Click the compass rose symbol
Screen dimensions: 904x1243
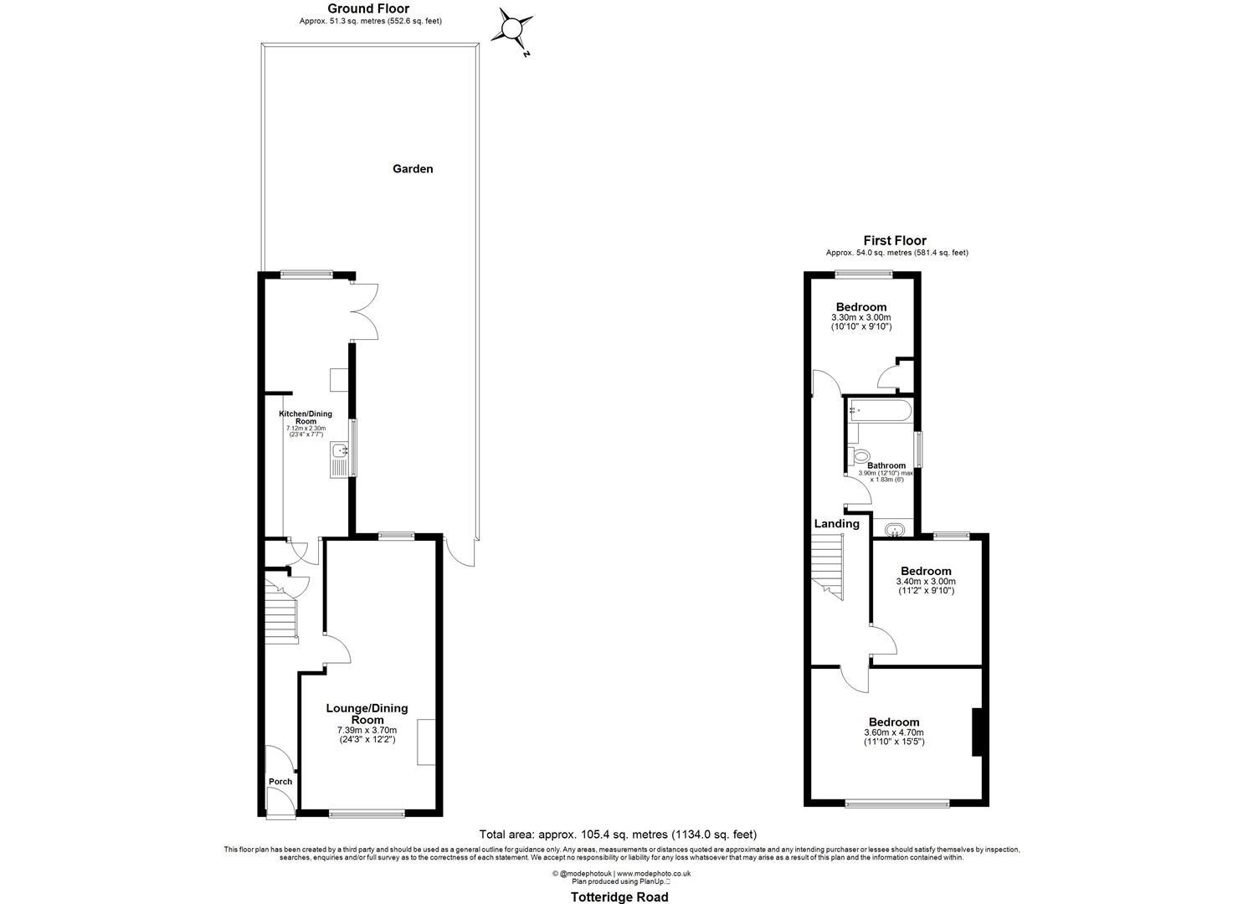coord(511,30)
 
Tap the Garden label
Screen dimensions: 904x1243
coord(413,169)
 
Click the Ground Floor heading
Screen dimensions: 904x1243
coord(368,9)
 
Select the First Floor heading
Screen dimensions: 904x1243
coord(895,240)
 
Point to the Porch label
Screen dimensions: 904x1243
coord(280,782)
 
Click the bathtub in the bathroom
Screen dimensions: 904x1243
coord(878,410)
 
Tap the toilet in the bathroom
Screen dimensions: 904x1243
coord(858,456)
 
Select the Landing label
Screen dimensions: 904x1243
coord(837,524)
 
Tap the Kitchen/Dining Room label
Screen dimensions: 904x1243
coord(306,418)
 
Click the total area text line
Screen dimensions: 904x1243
coord(618,835)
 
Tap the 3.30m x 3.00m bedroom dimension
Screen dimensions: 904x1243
coord(860,318)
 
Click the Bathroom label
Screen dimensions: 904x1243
coord(886,465)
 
